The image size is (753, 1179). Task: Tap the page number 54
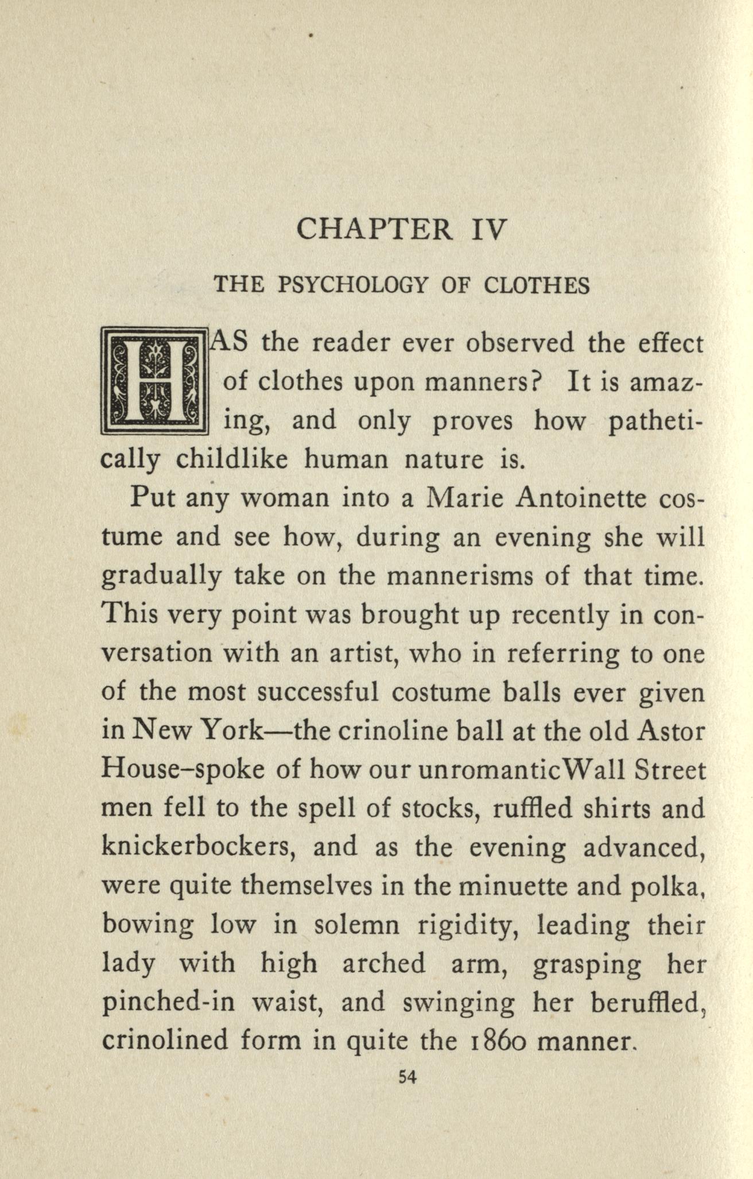click(x=406, y=1077)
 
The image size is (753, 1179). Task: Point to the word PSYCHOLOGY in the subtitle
click(x=353, y=285)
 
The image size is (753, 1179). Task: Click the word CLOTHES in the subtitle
click(x=537, y=285)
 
